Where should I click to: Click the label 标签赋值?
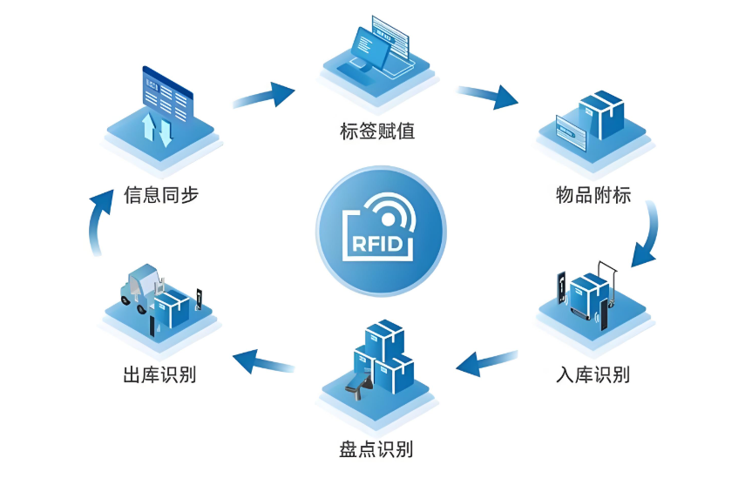[376, 131]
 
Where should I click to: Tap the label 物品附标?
[593, 193]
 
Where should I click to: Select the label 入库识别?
[593, 374]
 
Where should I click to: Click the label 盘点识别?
[376, 449]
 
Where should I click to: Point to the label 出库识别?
[159, 375]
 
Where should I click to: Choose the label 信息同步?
[161, 194]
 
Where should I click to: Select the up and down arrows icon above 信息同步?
[157, 128]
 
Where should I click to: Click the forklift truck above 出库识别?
[141, 287]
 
